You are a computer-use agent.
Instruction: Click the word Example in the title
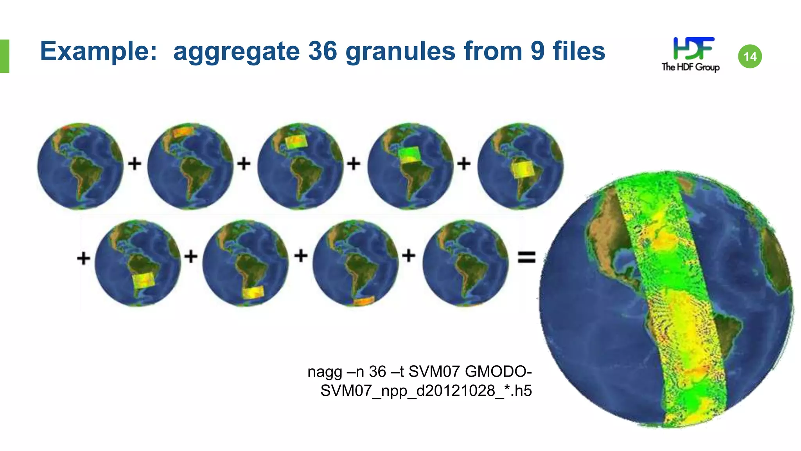[98, 52]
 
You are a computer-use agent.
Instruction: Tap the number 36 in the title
[322, 52]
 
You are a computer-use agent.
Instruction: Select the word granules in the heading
[400, 52]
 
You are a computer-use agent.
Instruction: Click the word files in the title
[579, 52]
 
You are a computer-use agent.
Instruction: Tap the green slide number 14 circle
[750, 57]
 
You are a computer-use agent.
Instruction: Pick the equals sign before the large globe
[526, 258]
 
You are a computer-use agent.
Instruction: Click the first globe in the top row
[80, 166]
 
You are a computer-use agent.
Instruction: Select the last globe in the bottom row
[465, 263]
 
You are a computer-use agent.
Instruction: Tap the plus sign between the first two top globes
[135, 163]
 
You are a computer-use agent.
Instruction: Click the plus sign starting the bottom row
[83, 258]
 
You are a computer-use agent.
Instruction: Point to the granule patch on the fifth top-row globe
[523, 169]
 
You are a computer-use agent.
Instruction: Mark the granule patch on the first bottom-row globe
[144, 280]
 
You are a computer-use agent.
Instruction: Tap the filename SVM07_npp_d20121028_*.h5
[426, 391]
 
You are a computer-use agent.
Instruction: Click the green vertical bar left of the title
[4, 56]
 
